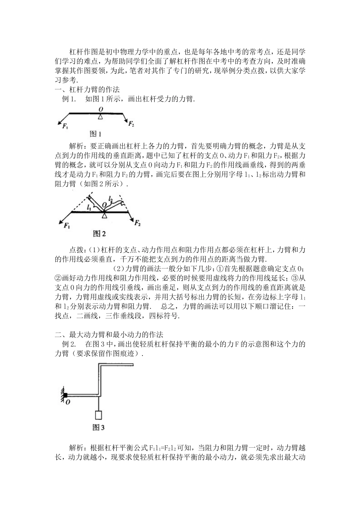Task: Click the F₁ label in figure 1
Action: pyautogui.click(x=65, y=126)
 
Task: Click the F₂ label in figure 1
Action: pyautogui.click(x=131, y=124)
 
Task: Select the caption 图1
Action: pyautogui.click(x=95, y=134)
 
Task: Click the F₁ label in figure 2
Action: pyautogui.click(x=67, y=226)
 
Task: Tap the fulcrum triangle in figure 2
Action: pyautogui.click(x=104, y=215)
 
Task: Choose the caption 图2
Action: pyautogui.click(x=99, y=234)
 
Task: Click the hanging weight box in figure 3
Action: pyautogui.click(x=99, y=415)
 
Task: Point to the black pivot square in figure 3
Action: pyautogui.click(x=65, y=395)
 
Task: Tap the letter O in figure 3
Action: pyautogui.click(x=67, y=402)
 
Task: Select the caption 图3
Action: pyautogui.click(x=98, y=428)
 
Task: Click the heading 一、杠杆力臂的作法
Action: pyautogui.click(x=88, y=90)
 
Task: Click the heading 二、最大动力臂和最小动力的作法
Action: pyautogui.click(x=109, y=335)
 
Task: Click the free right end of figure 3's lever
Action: pyautogui.click(x=133, y=364)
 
